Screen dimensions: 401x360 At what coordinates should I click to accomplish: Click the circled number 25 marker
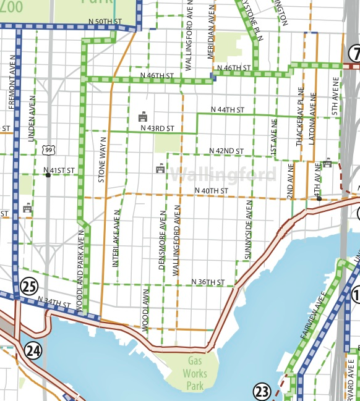(x=29, y=286)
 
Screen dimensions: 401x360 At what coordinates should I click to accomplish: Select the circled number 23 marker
(x=262, y=391)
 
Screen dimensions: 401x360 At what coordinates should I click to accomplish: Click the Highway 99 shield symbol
(x=49, y=150)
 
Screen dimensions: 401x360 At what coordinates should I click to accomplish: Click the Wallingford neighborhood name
(x=224, y=174)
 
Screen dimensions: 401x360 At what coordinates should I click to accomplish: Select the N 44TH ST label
(x=228, y=109)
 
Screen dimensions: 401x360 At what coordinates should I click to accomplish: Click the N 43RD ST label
(x=158, y=129)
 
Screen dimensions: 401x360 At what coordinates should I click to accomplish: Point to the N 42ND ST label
(x=226, y=151)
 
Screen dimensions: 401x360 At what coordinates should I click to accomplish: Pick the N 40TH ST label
(x=212, y=190)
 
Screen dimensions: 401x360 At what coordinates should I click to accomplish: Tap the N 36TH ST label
(x=207, y=282)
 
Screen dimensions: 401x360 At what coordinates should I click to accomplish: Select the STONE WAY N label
(x=102, y=163)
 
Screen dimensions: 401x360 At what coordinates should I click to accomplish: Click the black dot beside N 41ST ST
(x=48, y=175)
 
